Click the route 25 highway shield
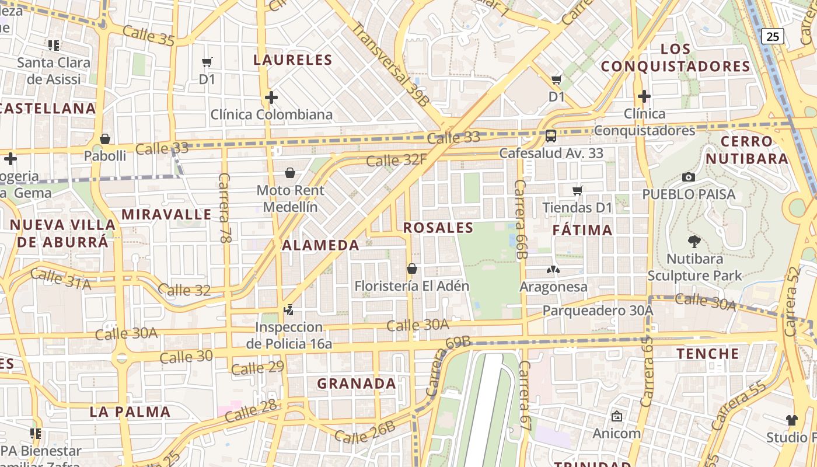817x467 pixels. pyautogui.click(x=772, y=36)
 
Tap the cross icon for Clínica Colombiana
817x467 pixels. pyautogui.click(x=271, y=97)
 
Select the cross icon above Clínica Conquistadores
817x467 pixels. pyautogui.click(x=644, y=96)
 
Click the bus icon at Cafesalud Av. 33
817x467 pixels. pyautogui.click(x=550, y=136)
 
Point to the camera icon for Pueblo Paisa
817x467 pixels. pyautogui.click(x=689, y=177)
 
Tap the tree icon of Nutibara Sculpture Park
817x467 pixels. pyautogui.click(x=694, y=241)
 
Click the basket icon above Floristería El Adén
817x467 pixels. pyautogui.click(x=412, y=269)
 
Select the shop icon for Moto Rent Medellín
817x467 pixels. pyautogui.click(x=290, y=173)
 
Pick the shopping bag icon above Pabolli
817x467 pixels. pyautogui.click(x=105, y=139)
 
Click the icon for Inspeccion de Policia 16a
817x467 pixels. pyautogui.click(x=288, y=309)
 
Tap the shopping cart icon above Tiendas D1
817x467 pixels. pyautogui.click(x=578, y=190)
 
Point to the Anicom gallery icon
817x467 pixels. pyautogui.click(x=617, y=416)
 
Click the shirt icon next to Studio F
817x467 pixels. pyautogui.click(x=791, y=420)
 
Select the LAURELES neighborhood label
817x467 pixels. pyautogui.click(x=293, y=60)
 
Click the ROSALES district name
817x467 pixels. pyautogui.click(x=438, y=228)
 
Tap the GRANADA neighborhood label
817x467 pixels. pyautogui.click(x=357, y=384)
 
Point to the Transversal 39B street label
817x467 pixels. pyautogui.click(x=390, y=64)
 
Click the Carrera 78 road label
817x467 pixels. pyautogui.click(x=225, y=207)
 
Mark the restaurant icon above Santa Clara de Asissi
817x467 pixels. pyautogui.click(x=54, y=45)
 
